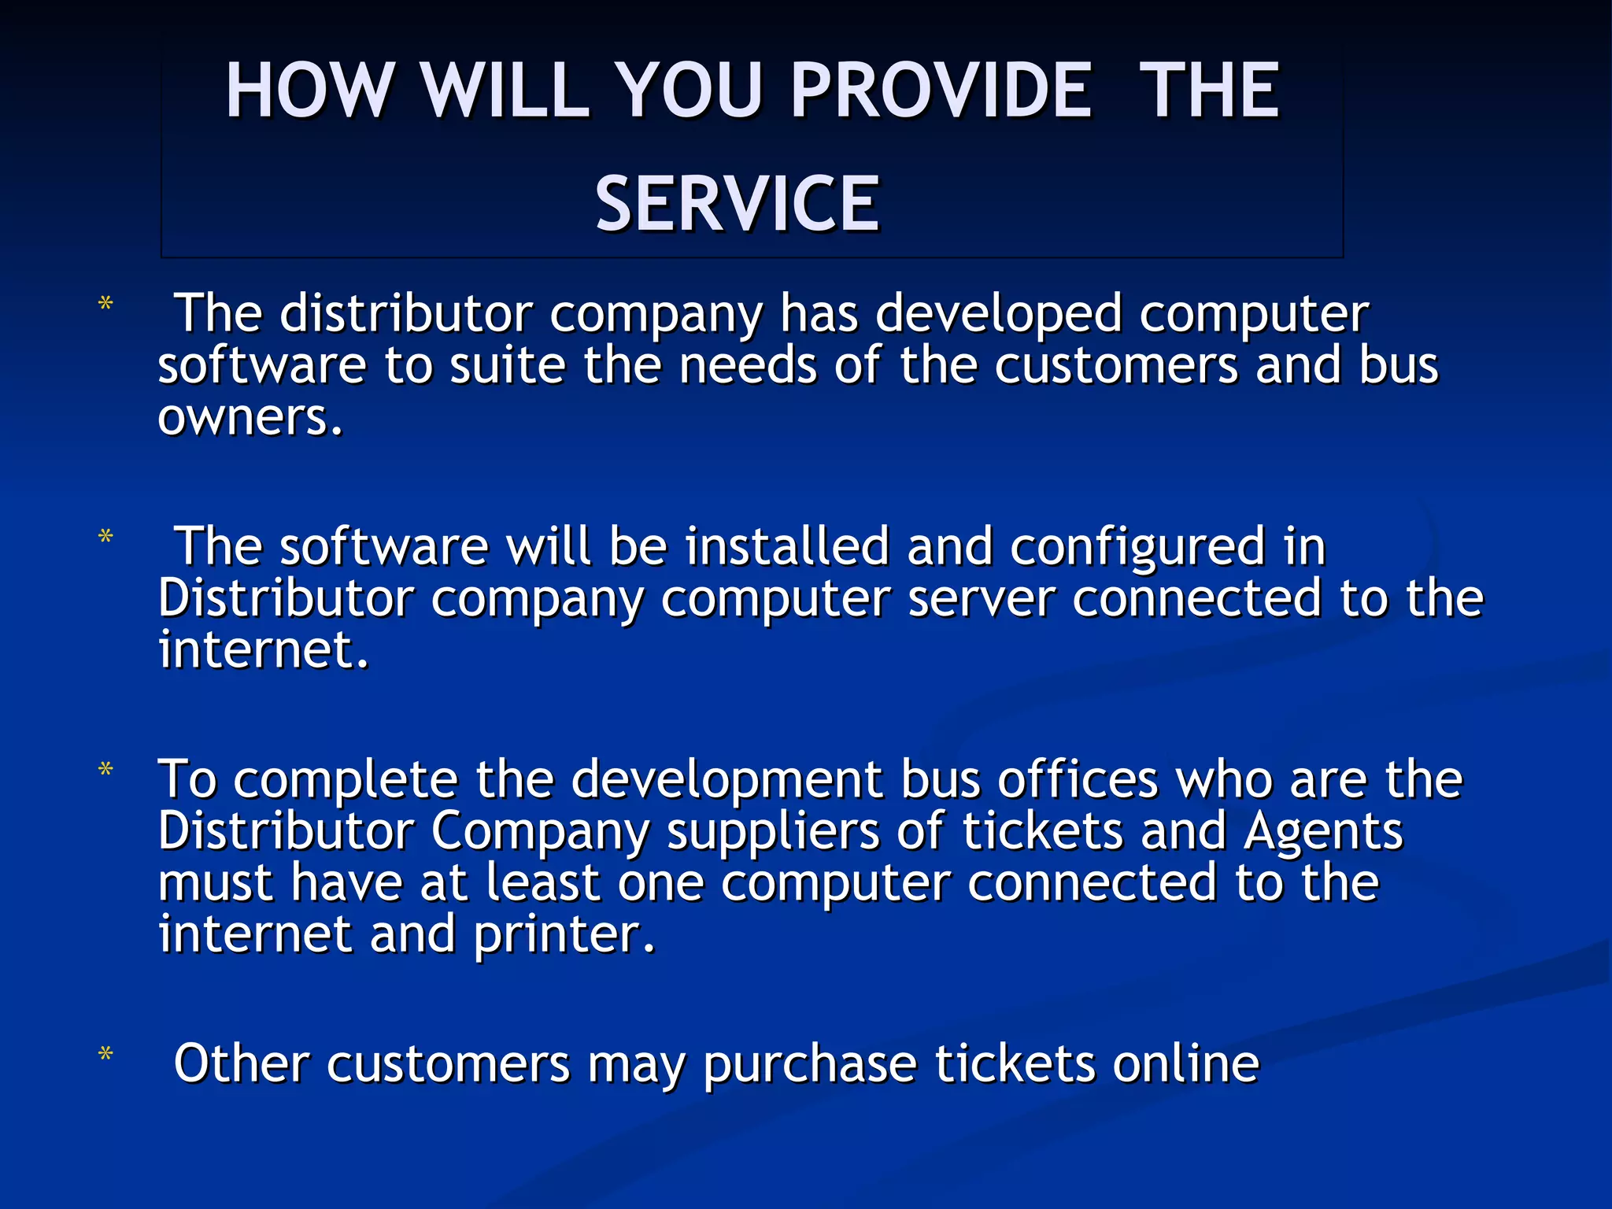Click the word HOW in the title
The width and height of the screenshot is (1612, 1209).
[x=309, y=91]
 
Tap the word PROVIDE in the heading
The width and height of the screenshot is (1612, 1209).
[x=941, y=91]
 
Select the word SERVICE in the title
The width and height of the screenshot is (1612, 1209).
[x=738, y=205]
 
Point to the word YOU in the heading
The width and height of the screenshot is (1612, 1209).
[x=689, y=91]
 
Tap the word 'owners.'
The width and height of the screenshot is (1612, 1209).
[x=251, y=417]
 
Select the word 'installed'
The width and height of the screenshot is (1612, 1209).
[x=787, y=547]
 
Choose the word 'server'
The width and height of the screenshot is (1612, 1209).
[x=981, y=599]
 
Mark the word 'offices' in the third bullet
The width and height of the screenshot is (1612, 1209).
[x=1078, y=780]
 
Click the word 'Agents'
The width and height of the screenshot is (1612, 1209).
[x=1323, y=832]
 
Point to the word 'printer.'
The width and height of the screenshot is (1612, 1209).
[x=564, y=936]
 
